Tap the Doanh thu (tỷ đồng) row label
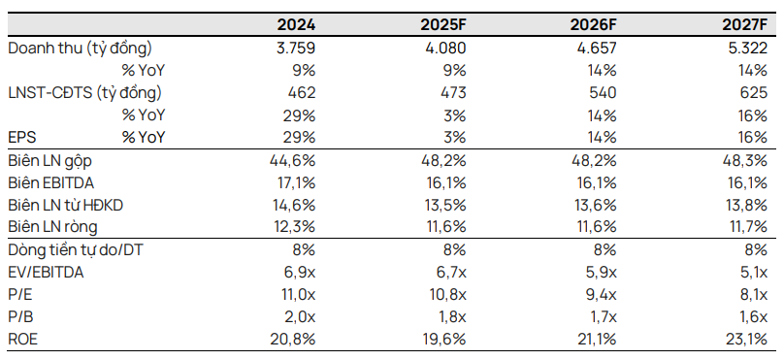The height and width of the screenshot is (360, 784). [80, 48]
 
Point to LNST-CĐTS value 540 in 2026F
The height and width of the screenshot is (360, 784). [602, 93]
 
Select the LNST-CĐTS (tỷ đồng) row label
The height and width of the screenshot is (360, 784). [84, 93]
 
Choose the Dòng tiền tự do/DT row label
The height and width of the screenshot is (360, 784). [78, 250]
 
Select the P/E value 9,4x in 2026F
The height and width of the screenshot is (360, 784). [600, 295]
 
